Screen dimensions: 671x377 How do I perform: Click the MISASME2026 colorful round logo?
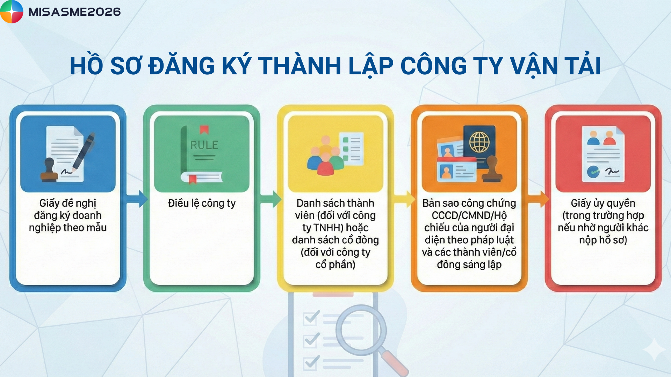pyautogui.click(x=12, y=12)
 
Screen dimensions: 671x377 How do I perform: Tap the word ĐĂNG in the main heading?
pyautogui.click(x=182, y=65)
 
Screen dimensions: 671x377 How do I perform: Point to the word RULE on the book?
pyautogui.click(x=204, y=145)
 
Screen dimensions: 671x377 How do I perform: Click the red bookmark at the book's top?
pyautogui.click(x=204, y=130)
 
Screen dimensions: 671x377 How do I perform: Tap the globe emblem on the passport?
pyautogui.click(x=479, y=142)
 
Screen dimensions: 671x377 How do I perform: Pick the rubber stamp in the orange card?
pyautogui.click(x=492, y=169)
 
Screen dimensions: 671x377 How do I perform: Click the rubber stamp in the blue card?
pyautogui.click(x=49, y=170)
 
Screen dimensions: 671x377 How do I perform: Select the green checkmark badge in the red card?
pyautogui.click(x=593, y=172)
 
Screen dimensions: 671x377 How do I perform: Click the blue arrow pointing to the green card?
pyautogui.click(x=137, y=199)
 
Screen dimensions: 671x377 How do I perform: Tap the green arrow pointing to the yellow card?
pyautogui.click(x=270, y=199)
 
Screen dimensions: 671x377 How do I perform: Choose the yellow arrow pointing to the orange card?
pyautogui.click(x=405, y=199)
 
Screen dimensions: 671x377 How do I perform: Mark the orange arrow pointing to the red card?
pyautogui.click(x=539, y=199)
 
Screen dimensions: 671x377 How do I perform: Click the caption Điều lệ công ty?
pyautogui.click(x=202, y=203)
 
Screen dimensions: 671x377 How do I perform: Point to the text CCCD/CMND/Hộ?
pyautogui.click(x=469, y=215)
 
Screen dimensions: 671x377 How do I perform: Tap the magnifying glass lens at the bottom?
pyautogui.click(x=361, y=330)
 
